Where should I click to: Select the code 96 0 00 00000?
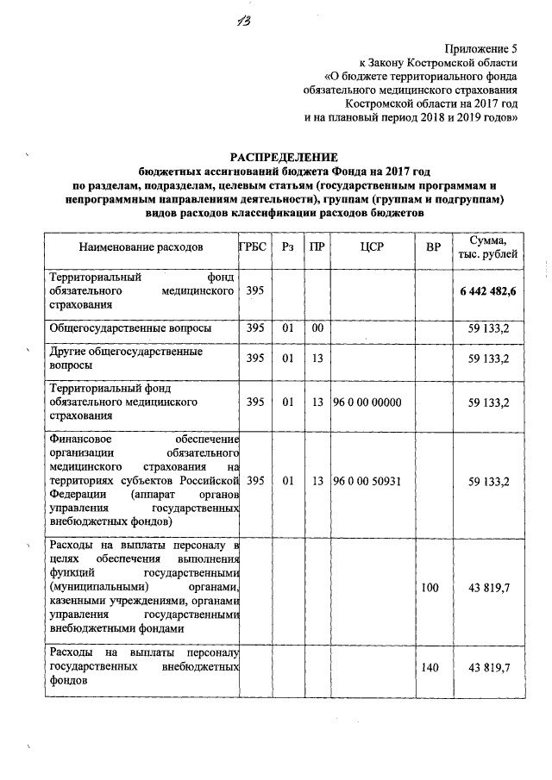pyautogui.click(x=367, y=402)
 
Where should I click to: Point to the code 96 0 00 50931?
pyautogui.click(x=367, y=481)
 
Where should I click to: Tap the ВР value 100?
pyautogui.click(x=431, y=588)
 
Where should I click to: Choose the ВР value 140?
pyautogui.click(x=431, y=668)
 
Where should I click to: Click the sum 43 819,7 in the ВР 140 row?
pyautogui.click(x=489, y=668)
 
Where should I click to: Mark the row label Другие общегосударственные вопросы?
pyautogui.click(x=127, y=359)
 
